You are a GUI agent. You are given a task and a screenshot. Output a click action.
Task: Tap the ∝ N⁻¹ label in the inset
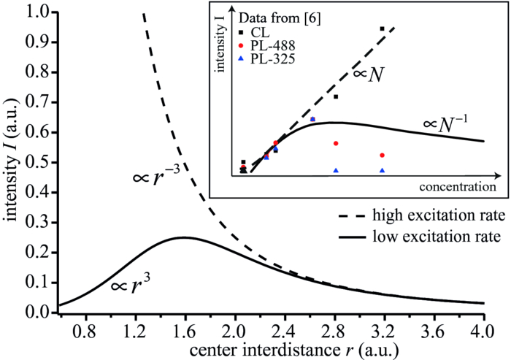pos(447,124)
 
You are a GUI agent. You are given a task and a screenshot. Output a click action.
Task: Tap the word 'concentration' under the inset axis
pos(453,188)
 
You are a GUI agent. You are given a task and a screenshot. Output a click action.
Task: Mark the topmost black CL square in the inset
pos(382,28)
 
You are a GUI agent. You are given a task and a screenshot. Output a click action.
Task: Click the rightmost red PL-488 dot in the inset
pos(382,155)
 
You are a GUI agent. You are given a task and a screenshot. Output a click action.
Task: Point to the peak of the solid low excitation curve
pos(183,237)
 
